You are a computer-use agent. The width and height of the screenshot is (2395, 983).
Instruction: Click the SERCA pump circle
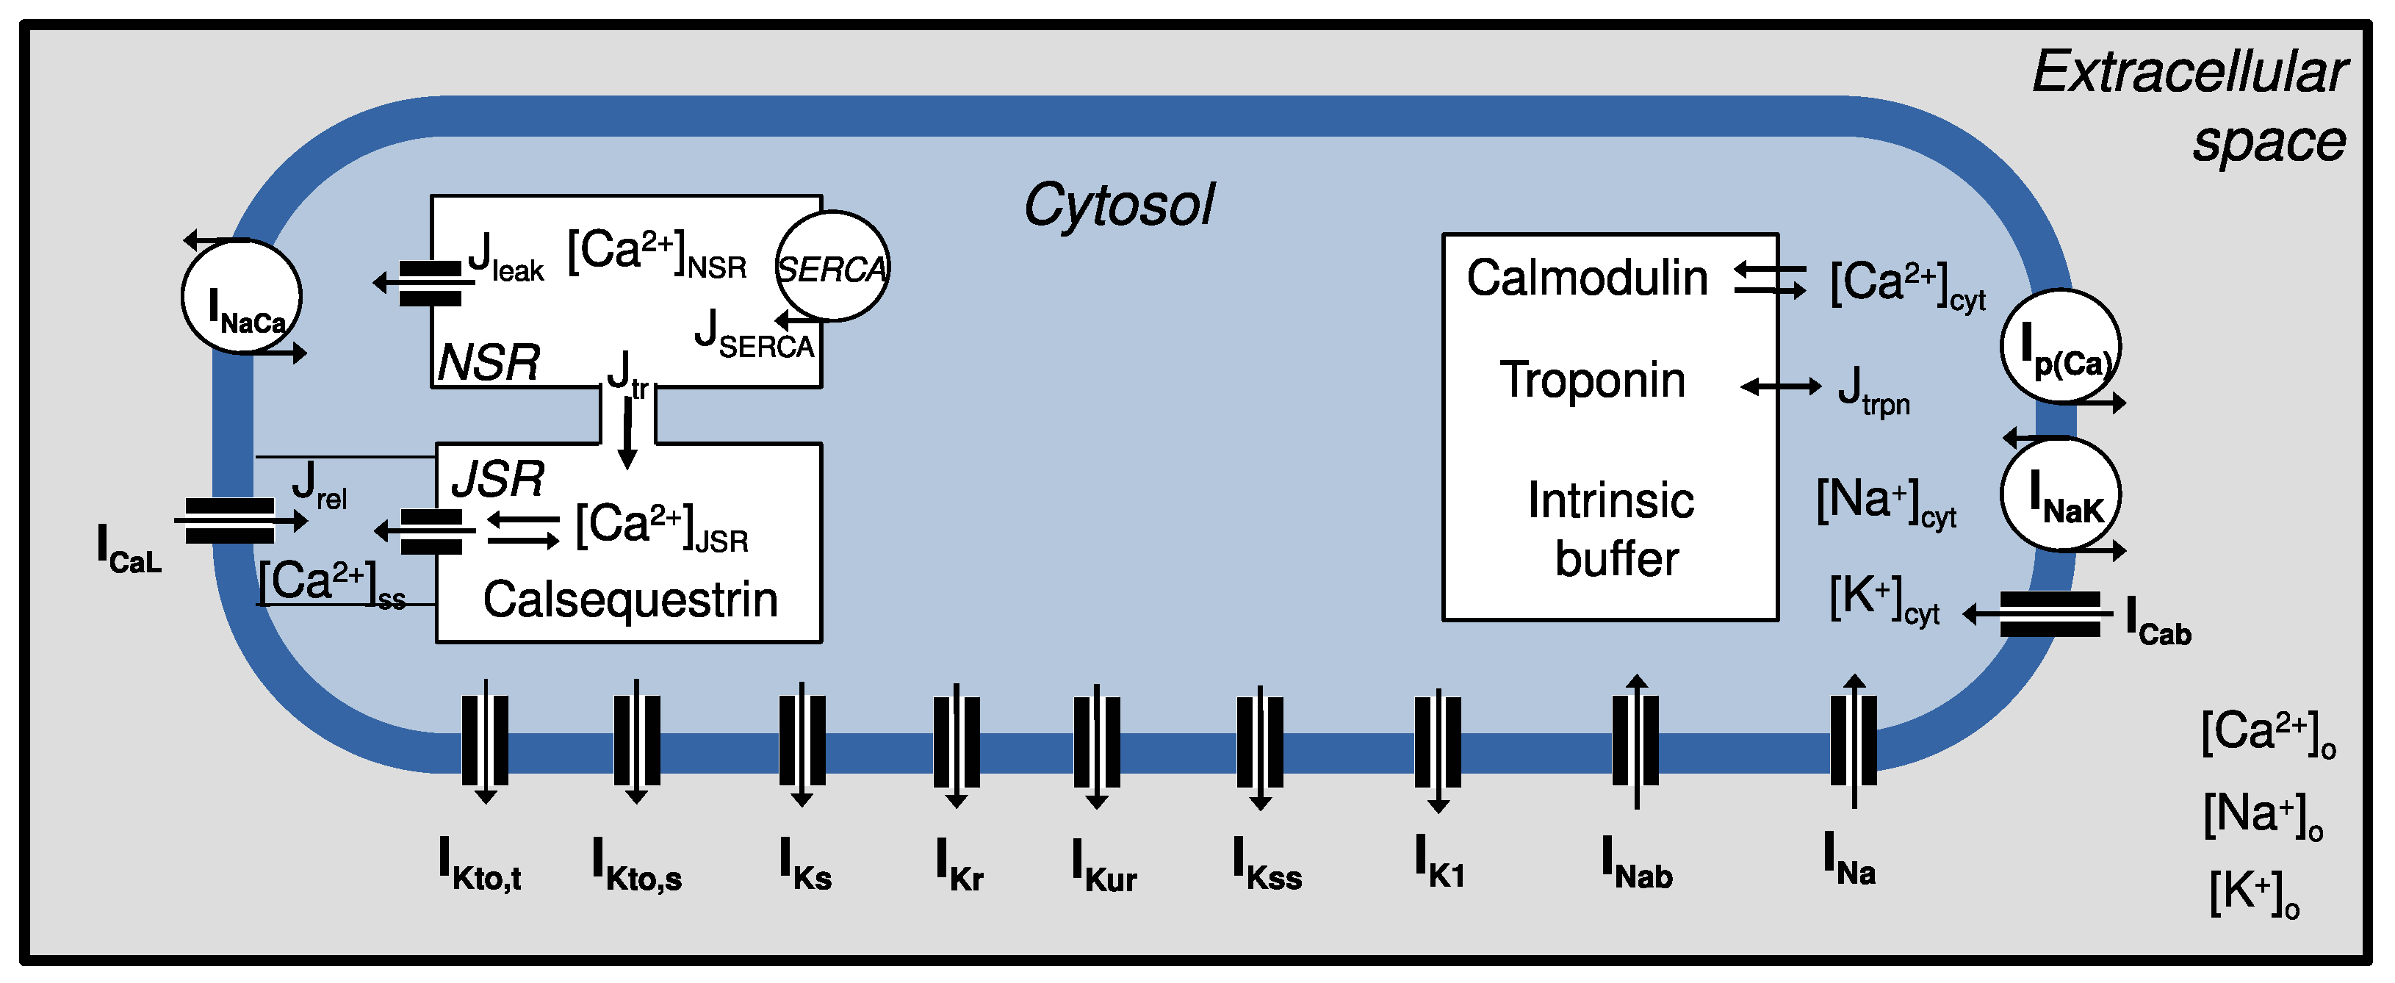(x=832, y=267)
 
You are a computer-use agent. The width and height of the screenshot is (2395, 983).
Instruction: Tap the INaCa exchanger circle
(x=242, y=298)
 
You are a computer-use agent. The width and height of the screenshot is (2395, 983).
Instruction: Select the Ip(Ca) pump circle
(x=2060, y=347)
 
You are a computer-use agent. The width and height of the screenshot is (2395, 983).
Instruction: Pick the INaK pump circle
(x=2060, y=494)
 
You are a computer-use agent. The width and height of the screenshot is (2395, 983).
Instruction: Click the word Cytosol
(x=1118, y=204)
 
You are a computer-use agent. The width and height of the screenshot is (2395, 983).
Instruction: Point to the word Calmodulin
(x=1587, y=278)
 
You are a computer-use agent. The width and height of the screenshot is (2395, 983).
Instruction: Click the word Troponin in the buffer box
(x=1593, y=381)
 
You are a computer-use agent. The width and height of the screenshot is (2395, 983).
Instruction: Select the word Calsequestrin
(x=630, y=599)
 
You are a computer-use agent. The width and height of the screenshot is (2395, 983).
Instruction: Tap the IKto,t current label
(x=480, y=865)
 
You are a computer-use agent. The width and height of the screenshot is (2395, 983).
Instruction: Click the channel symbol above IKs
(x=802, y=741)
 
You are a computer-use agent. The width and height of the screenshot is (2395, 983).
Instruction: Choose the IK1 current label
(x=1439, y=861)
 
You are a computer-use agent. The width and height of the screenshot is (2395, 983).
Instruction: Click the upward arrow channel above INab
(x=1636, y=741)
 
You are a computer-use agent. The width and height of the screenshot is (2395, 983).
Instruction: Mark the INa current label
(x=1849, y=860)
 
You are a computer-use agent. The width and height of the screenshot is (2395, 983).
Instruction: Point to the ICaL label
(x=129, y=550)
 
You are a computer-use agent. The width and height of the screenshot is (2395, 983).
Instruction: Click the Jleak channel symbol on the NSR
(x=430, y=283)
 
